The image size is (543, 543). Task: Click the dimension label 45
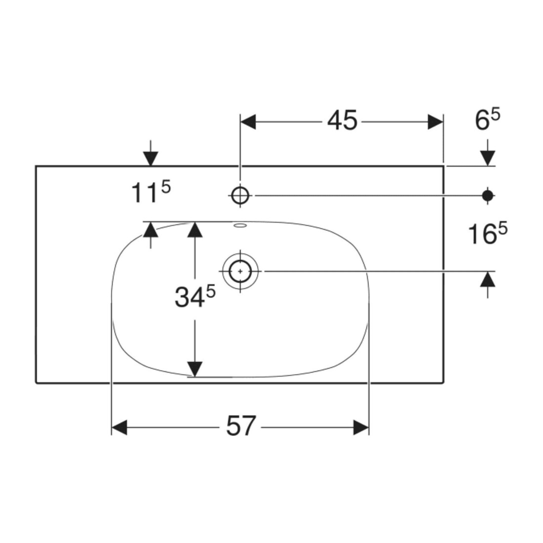(342, 120)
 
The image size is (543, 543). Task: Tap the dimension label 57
(241, 426)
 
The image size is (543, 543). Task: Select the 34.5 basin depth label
(195, 297)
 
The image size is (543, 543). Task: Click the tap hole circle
(240, 195)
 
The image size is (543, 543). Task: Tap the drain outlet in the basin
(240, 271)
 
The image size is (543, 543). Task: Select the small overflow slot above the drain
(240, 226)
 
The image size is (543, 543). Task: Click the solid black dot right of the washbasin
(488, 195)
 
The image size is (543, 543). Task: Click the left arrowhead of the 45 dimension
(248, 122)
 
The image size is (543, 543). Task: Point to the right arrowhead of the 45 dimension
(435, 122)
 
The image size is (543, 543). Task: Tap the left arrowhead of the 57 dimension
(119, 427)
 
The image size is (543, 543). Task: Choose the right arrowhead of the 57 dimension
(361, 427)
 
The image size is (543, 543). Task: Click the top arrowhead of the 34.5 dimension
(194, 230)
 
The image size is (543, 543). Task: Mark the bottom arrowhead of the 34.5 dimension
(194, 369)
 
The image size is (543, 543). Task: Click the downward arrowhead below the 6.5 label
(488, 158)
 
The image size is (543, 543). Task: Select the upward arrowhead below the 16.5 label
(488, 279)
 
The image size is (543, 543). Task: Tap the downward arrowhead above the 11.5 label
(151, 158)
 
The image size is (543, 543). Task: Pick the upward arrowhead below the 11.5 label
(151, 230)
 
